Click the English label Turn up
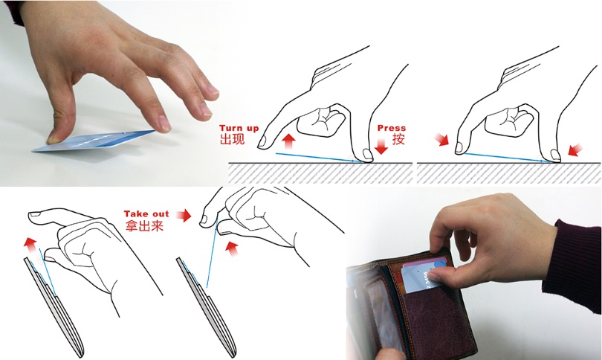[x=239, y=128]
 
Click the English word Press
[x=392, y=128]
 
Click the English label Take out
[x=146, y=213]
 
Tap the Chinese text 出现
[x=232, y=138]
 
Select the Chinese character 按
[x=398, y=138]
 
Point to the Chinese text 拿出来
[x=144, y=225]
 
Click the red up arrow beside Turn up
[x=288, y=141]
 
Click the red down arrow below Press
[x=381, y=147]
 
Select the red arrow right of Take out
[x=184, y=215]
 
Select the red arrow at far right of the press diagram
[x=575, y=150]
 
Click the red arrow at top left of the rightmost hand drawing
[x=442, y=140]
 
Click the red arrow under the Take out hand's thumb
[x=231, y=248]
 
